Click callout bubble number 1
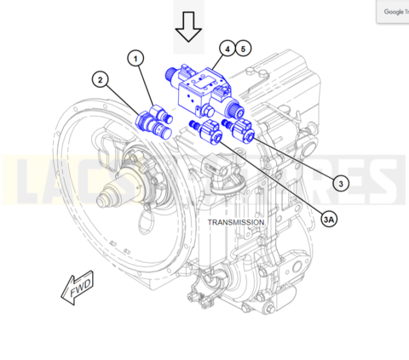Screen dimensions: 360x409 [x=135, y=58]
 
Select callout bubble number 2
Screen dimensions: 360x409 [x=101, y=80]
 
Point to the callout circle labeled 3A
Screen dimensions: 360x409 [x=328, y=219]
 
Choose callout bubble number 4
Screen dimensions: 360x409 [x=227, y=49]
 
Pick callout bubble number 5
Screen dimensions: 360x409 [x=243, y=49]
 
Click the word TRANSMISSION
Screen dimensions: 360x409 [x=236, y=222]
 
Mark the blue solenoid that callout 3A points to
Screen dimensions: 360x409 [x=206, y=133]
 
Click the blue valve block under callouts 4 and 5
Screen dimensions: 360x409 [x=203, y=91]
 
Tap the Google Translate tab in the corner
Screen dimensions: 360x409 [x=393, y=11]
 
